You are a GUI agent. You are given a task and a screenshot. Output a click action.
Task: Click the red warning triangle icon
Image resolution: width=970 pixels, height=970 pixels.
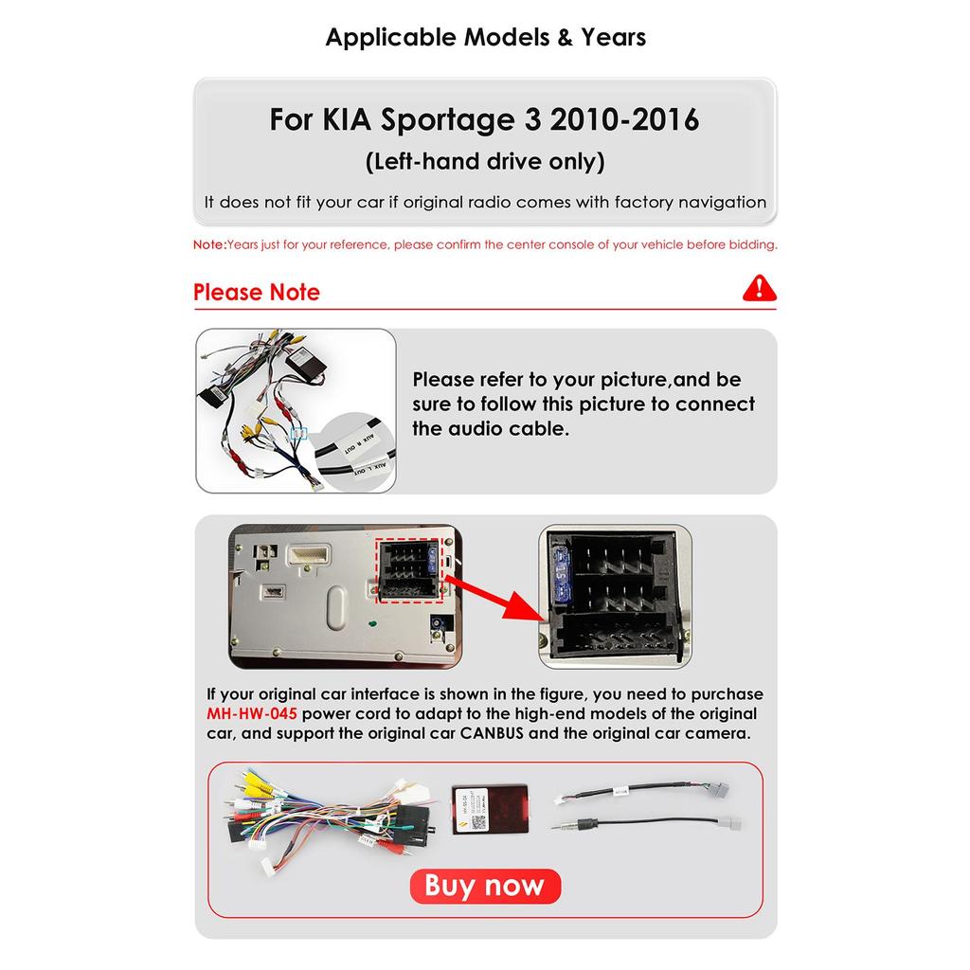point(759,288)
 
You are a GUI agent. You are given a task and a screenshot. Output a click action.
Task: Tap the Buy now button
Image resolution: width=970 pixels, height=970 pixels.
point(485,886)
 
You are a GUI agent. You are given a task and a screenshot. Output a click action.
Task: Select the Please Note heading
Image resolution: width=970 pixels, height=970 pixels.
point(257,292)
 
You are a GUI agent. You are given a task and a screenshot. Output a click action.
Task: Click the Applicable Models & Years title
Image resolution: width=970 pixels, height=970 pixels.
point(485,38)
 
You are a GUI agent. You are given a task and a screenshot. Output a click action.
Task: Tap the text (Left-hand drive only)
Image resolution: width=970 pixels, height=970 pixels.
point(485,161)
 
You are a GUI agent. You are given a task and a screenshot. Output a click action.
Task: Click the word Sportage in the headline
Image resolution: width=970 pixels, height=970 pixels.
point(450,120)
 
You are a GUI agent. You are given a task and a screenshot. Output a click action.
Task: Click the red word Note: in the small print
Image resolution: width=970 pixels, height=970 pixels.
point(209,244)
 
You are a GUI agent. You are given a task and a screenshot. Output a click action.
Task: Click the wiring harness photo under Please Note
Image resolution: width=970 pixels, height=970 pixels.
point(295,410)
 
